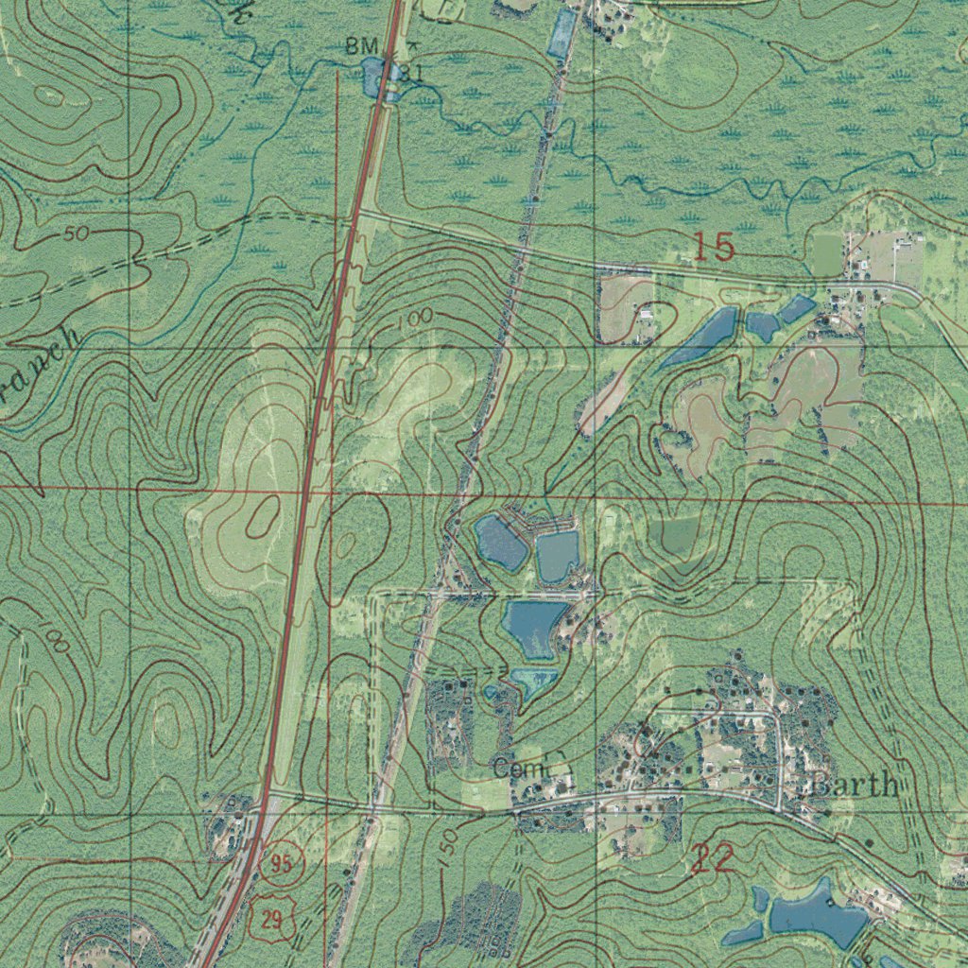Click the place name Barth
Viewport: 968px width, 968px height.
(x=854, y=785)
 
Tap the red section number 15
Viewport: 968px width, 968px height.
(x=714, y=248)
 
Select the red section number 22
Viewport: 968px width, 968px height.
(x=713, y=858)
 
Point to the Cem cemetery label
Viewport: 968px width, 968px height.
(x=520, y=769)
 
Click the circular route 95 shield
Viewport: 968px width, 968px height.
(x=281, y=862)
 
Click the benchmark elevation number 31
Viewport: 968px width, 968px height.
(x=409, y=72)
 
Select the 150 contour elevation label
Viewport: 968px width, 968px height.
(x=448, y=840)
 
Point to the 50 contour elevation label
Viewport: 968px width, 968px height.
(x=78, y=233)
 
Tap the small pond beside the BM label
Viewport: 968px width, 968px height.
(x=375, y=74)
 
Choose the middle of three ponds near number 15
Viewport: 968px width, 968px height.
(x=762, y=325)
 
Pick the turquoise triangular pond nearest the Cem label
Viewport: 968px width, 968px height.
(x=532, y=681)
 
